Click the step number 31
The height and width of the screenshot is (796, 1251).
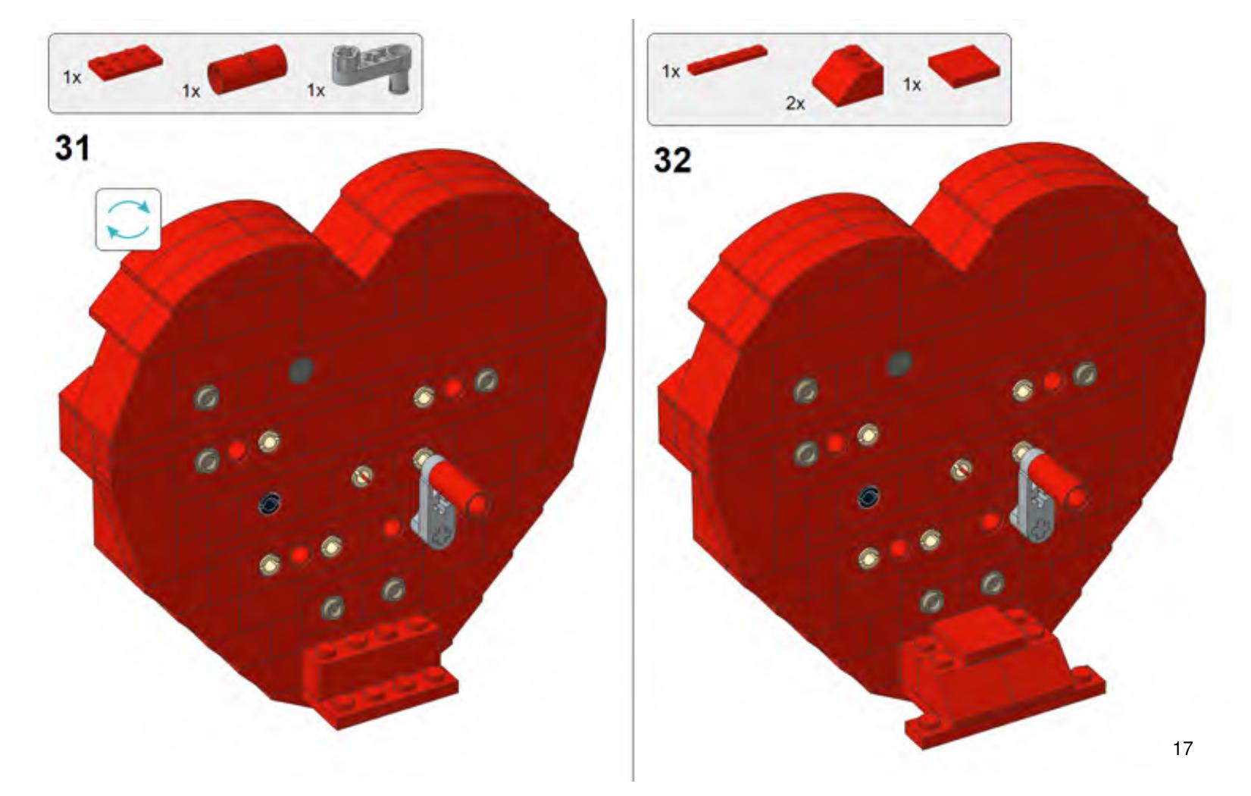pyautogui.click(x=72, y=149)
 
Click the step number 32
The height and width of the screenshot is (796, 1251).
pyautogui.click(x=672, y=160)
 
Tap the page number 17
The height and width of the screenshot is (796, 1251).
pyautogui.click(x=1182, y=748)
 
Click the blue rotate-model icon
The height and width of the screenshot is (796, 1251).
pyautogui.click(x=128, y=220)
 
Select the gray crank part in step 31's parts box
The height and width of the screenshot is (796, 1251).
pyautogui.click(x=372, y=70)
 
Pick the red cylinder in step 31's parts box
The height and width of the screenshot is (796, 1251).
pyautogui.click(x=247, y=69)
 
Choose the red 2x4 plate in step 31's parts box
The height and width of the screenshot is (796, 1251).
pyautogui.click(x=126, y=63)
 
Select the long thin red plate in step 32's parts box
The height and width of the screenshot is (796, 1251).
pyautogui.click(x=727, y=59)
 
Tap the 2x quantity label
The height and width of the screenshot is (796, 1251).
pyautogui.click(x=796, y=103)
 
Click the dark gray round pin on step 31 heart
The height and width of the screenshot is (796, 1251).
pyautogui.click(x=301, y=368)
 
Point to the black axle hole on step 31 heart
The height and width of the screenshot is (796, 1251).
pyautogui.click(x=271, y=504)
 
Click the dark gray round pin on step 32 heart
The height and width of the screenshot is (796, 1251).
pyautogui.click(x=899, y=362)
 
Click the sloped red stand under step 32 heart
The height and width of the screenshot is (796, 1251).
pyautogui.click(x=999, y=676)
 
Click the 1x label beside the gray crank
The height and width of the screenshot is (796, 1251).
pyautogui.click(x=315, y=89)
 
